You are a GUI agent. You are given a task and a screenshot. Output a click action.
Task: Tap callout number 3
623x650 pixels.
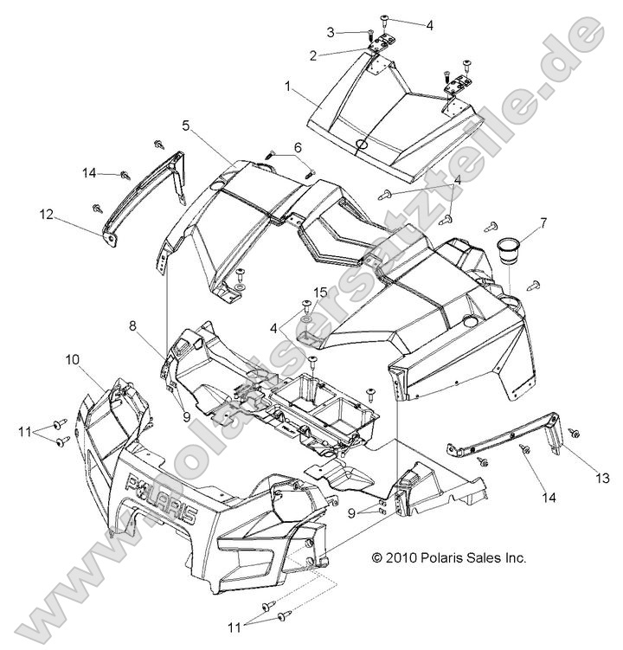click(331, 32)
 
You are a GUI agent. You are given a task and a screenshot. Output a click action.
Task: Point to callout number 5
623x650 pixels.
click(185, 125)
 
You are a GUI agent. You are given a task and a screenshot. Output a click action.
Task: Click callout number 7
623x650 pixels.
click(543, 222)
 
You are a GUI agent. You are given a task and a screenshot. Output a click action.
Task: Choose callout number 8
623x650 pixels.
click(133, 327)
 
